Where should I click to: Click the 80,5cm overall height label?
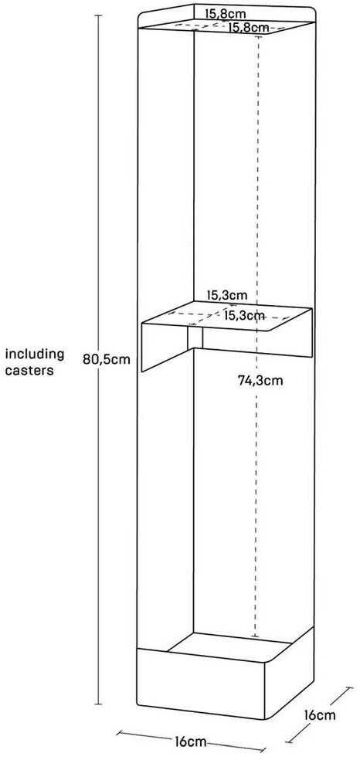[x=107, y=359]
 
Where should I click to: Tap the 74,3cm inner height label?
[x=260, y=381]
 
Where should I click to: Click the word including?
[x=35, y=354]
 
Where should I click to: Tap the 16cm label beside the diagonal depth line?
[x=320, y=714]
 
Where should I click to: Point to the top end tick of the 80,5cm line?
[x=98, y=15]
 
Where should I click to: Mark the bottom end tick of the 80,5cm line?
[x=98, y=704]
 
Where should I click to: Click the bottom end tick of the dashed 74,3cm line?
[x=256, y=636]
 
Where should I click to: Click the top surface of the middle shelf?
[x=227, y=316]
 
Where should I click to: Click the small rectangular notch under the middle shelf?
[x=195, y=338]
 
